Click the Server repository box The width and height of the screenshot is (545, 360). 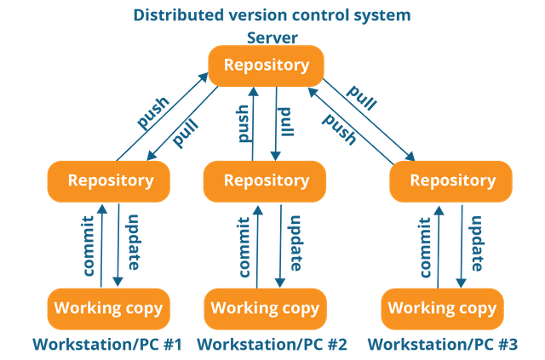coord(266,66)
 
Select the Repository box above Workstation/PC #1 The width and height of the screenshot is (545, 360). coord(109,181)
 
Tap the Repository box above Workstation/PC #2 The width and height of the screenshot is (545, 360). coord(265,181)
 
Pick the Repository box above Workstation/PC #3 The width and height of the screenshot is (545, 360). coord(450,181)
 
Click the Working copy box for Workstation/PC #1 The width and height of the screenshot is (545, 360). coord(109,309)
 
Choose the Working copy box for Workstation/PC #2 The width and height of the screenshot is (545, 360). coord(265,309)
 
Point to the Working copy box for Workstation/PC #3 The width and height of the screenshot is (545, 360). coord(443,309)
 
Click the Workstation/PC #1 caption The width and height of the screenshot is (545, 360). coord(107,345)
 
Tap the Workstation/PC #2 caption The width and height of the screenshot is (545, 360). coord(272,345)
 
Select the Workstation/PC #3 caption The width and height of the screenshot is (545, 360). coord(443,345)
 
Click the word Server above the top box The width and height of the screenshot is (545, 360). coord(272,38)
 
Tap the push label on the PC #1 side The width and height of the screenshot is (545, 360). coord(153,112)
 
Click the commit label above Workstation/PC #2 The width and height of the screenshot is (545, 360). coord(244,247)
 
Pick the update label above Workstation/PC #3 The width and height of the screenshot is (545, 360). coord(476,243)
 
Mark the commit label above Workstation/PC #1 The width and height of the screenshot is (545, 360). coord(89,246)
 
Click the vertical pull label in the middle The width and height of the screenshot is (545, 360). coord(286,122)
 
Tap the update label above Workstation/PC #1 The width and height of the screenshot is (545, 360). coord(134,243)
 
